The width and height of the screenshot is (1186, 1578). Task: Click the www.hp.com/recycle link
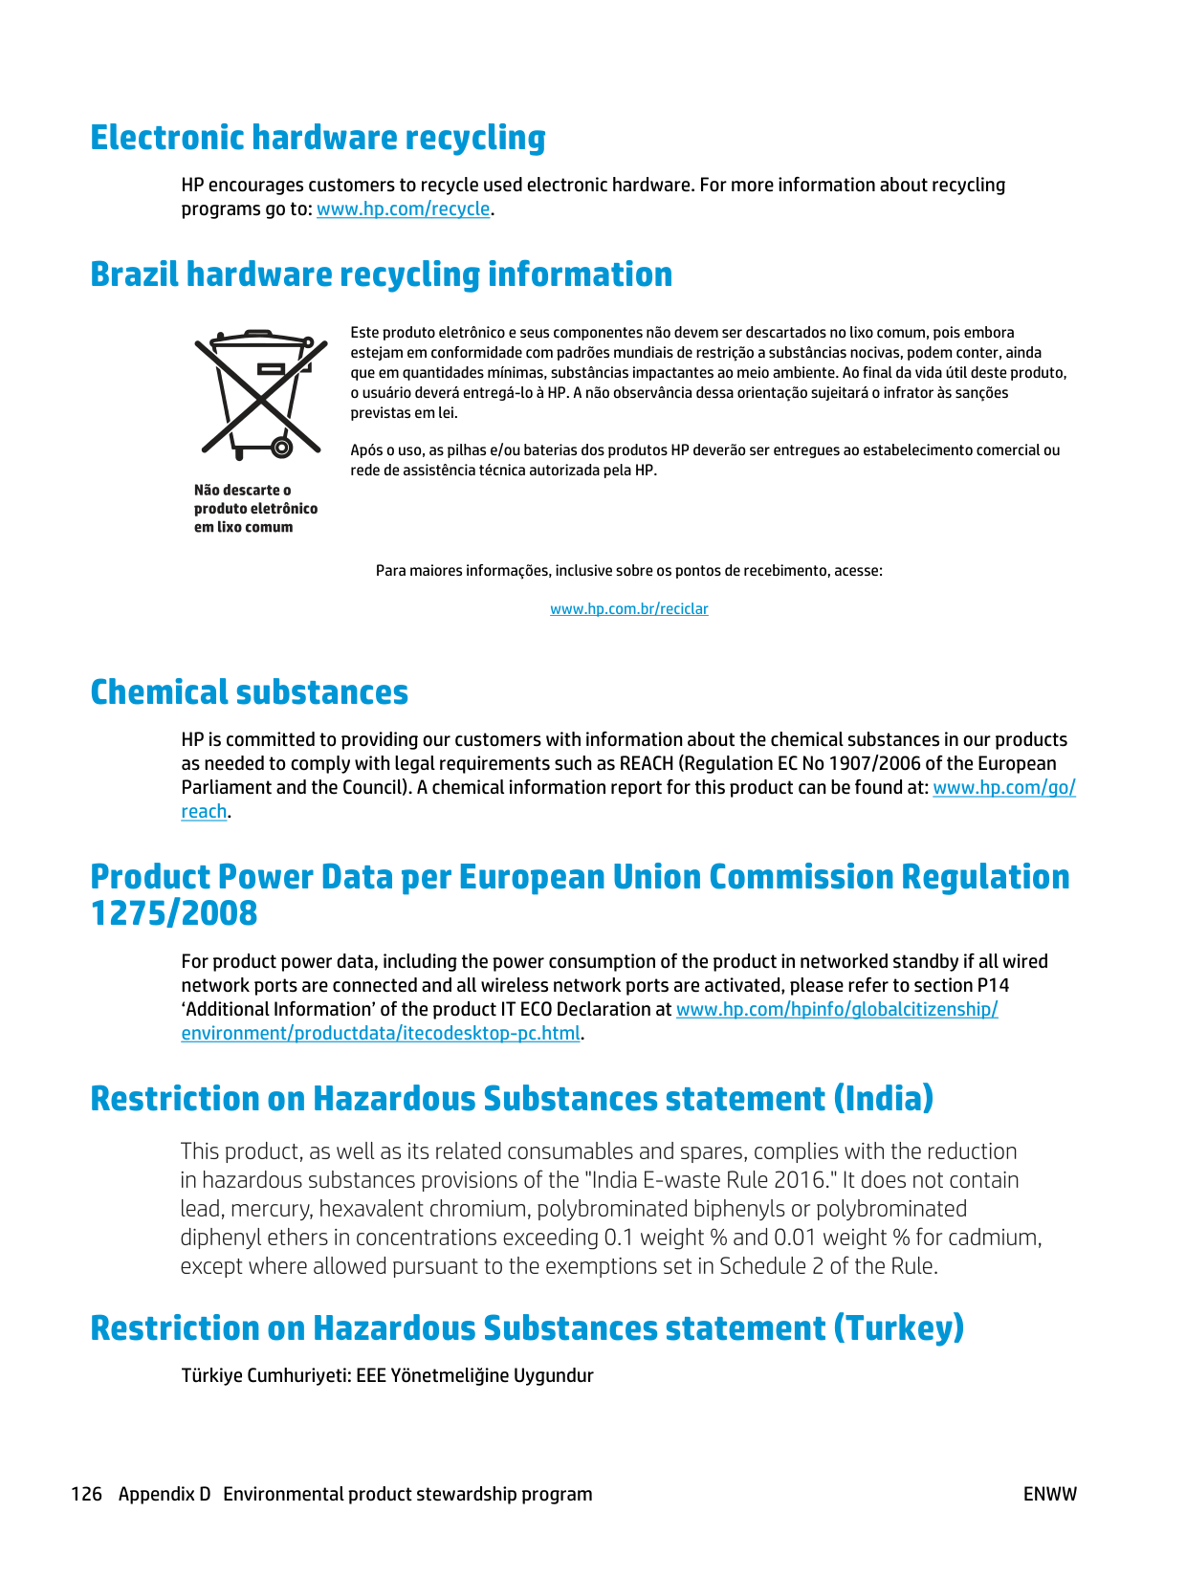(x=403, y=209)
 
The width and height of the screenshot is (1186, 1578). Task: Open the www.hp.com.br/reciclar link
(x=628, y=609)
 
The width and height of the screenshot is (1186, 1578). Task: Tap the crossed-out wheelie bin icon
(x=258, y=393)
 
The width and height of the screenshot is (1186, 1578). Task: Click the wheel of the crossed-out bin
(x=281, y=447)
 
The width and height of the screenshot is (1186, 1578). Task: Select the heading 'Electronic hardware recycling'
(x=318, y=138)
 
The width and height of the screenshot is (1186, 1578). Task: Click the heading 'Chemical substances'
(x=249, y=692)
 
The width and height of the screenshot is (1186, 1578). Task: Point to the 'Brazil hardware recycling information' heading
(x=381, y=274)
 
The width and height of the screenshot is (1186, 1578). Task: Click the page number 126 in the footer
(x=86, y=1494)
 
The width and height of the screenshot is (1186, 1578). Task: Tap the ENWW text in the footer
(x=1049, y=1494)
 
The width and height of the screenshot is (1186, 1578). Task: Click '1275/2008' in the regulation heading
(x=174, y=913)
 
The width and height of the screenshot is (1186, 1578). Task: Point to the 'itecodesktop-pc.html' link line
(x=381, y=1034)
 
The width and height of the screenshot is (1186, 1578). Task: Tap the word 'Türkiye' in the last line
(x=211, y=1375)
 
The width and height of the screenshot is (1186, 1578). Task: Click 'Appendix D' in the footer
(x=164, y=1494)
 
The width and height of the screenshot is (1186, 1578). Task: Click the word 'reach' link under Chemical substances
(x=204, y=812)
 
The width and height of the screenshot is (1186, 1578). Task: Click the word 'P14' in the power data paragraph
(x=993, y=985)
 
